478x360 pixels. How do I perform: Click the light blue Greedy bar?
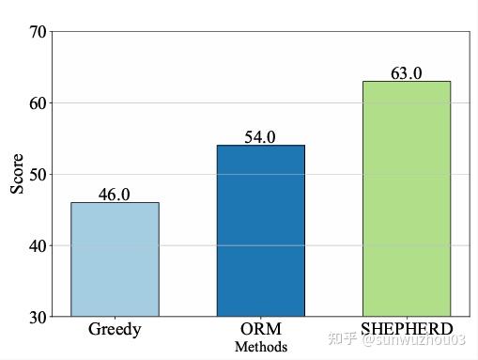click(115, 259)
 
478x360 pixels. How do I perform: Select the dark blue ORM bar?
click(260, 231)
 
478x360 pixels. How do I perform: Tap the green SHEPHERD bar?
click(406, 199)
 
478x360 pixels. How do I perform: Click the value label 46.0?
click(115, 195)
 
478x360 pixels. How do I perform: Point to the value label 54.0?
click(260, 137)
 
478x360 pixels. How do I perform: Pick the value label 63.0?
click(406, 73)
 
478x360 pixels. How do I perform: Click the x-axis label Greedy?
click(115, 330)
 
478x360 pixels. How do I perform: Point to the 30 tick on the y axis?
click(37, 318)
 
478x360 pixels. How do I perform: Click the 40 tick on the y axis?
click(37, 246)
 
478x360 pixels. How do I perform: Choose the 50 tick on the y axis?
click(37, 175)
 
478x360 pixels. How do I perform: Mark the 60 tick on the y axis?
click(37, 103)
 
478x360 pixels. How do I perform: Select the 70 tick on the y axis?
click(37, 32)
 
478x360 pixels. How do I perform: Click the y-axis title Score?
click(17, 174)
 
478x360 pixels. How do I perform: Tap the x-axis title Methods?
click(260, 347)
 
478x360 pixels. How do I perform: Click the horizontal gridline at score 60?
click(207, 102)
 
